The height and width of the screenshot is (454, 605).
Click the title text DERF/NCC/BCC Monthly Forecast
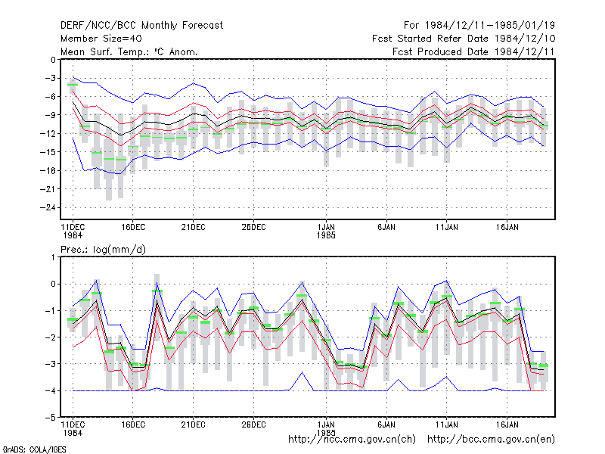coord(141,26)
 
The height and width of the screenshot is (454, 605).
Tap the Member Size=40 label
coord(101,39)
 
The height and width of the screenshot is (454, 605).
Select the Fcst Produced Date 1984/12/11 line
coord(473,51)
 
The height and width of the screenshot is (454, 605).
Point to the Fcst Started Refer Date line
coord(464,39)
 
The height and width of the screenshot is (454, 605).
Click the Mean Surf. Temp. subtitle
coord(129,51)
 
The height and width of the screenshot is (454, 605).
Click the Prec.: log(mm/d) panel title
coord(103,250)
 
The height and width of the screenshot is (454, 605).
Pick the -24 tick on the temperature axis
coord(48,207)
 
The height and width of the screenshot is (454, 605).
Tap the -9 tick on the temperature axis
coord(50,115)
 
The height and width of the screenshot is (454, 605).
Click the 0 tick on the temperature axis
coord(53,60)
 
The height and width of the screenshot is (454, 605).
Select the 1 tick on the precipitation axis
coord(53,257)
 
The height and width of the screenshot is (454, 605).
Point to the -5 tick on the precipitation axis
coord(50,418)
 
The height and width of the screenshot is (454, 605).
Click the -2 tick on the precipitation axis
coord(50,337)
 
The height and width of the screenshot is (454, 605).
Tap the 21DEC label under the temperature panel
coord(194,228)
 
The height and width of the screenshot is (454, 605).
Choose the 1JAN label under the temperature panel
coord(326,228)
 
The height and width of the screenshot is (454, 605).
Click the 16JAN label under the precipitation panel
coord(507,424)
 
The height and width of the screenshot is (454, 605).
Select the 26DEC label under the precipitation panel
coord(253,424)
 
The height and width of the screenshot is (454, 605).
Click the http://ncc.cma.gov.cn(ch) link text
coord(352,440)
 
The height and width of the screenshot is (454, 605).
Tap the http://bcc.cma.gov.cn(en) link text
coord(491,440)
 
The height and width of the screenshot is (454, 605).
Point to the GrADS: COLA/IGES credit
coord(34,449)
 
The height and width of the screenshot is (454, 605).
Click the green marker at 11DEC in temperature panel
coord(73,85)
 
